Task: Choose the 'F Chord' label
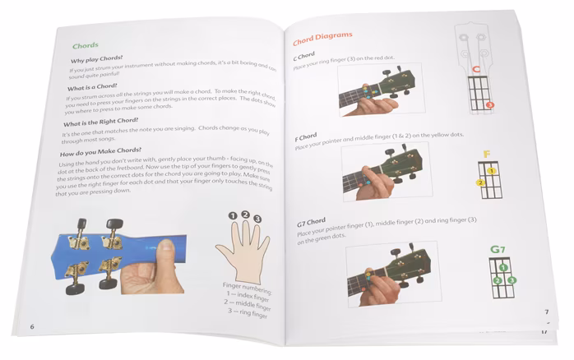(308, 136)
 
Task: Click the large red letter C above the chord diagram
(475, 72)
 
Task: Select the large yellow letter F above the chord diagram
(487, 154)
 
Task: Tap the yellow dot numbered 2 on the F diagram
(479, 182)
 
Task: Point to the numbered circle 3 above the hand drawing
(257, 219)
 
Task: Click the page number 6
(32, 327)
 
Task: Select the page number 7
(546, 312)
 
